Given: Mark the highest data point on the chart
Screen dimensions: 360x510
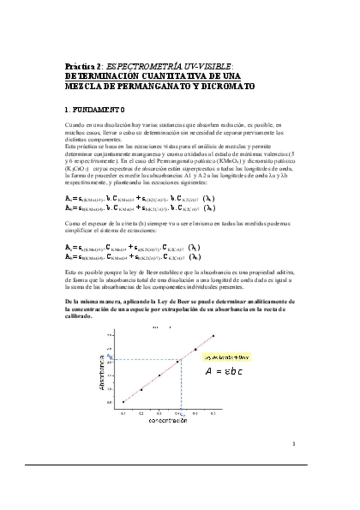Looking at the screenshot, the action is [x=213, y=336].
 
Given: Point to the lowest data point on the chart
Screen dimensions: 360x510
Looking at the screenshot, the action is [x=123, y=402].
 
